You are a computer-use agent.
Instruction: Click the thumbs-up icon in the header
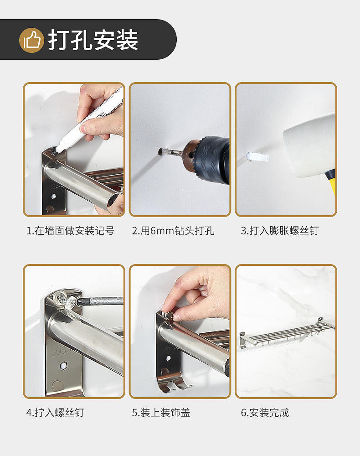click(x=31, y=40)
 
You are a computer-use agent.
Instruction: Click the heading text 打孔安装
click(x=93, y=40)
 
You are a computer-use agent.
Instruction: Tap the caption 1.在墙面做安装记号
click(x=70, y=231)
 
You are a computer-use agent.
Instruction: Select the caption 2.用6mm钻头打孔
click(x=173, y=231)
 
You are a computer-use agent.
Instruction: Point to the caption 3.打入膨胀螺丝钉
click(x=280, y=231)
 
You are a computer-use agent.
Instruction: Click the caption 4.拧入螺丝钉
click(x=55, y=412)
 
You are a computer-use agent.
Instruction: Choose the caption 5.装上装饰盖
click(x=161, y=412)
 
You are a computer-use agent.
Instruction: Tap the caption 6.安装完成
click(x=265, y=412)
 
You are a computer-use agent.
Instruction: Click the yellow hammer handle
click(x=331, y=183)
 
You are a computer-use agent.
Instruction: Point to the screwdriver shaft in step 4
click(x=100, y=301)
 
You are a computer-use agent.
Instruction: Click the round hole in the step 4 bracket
click(x=63, y=365)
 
